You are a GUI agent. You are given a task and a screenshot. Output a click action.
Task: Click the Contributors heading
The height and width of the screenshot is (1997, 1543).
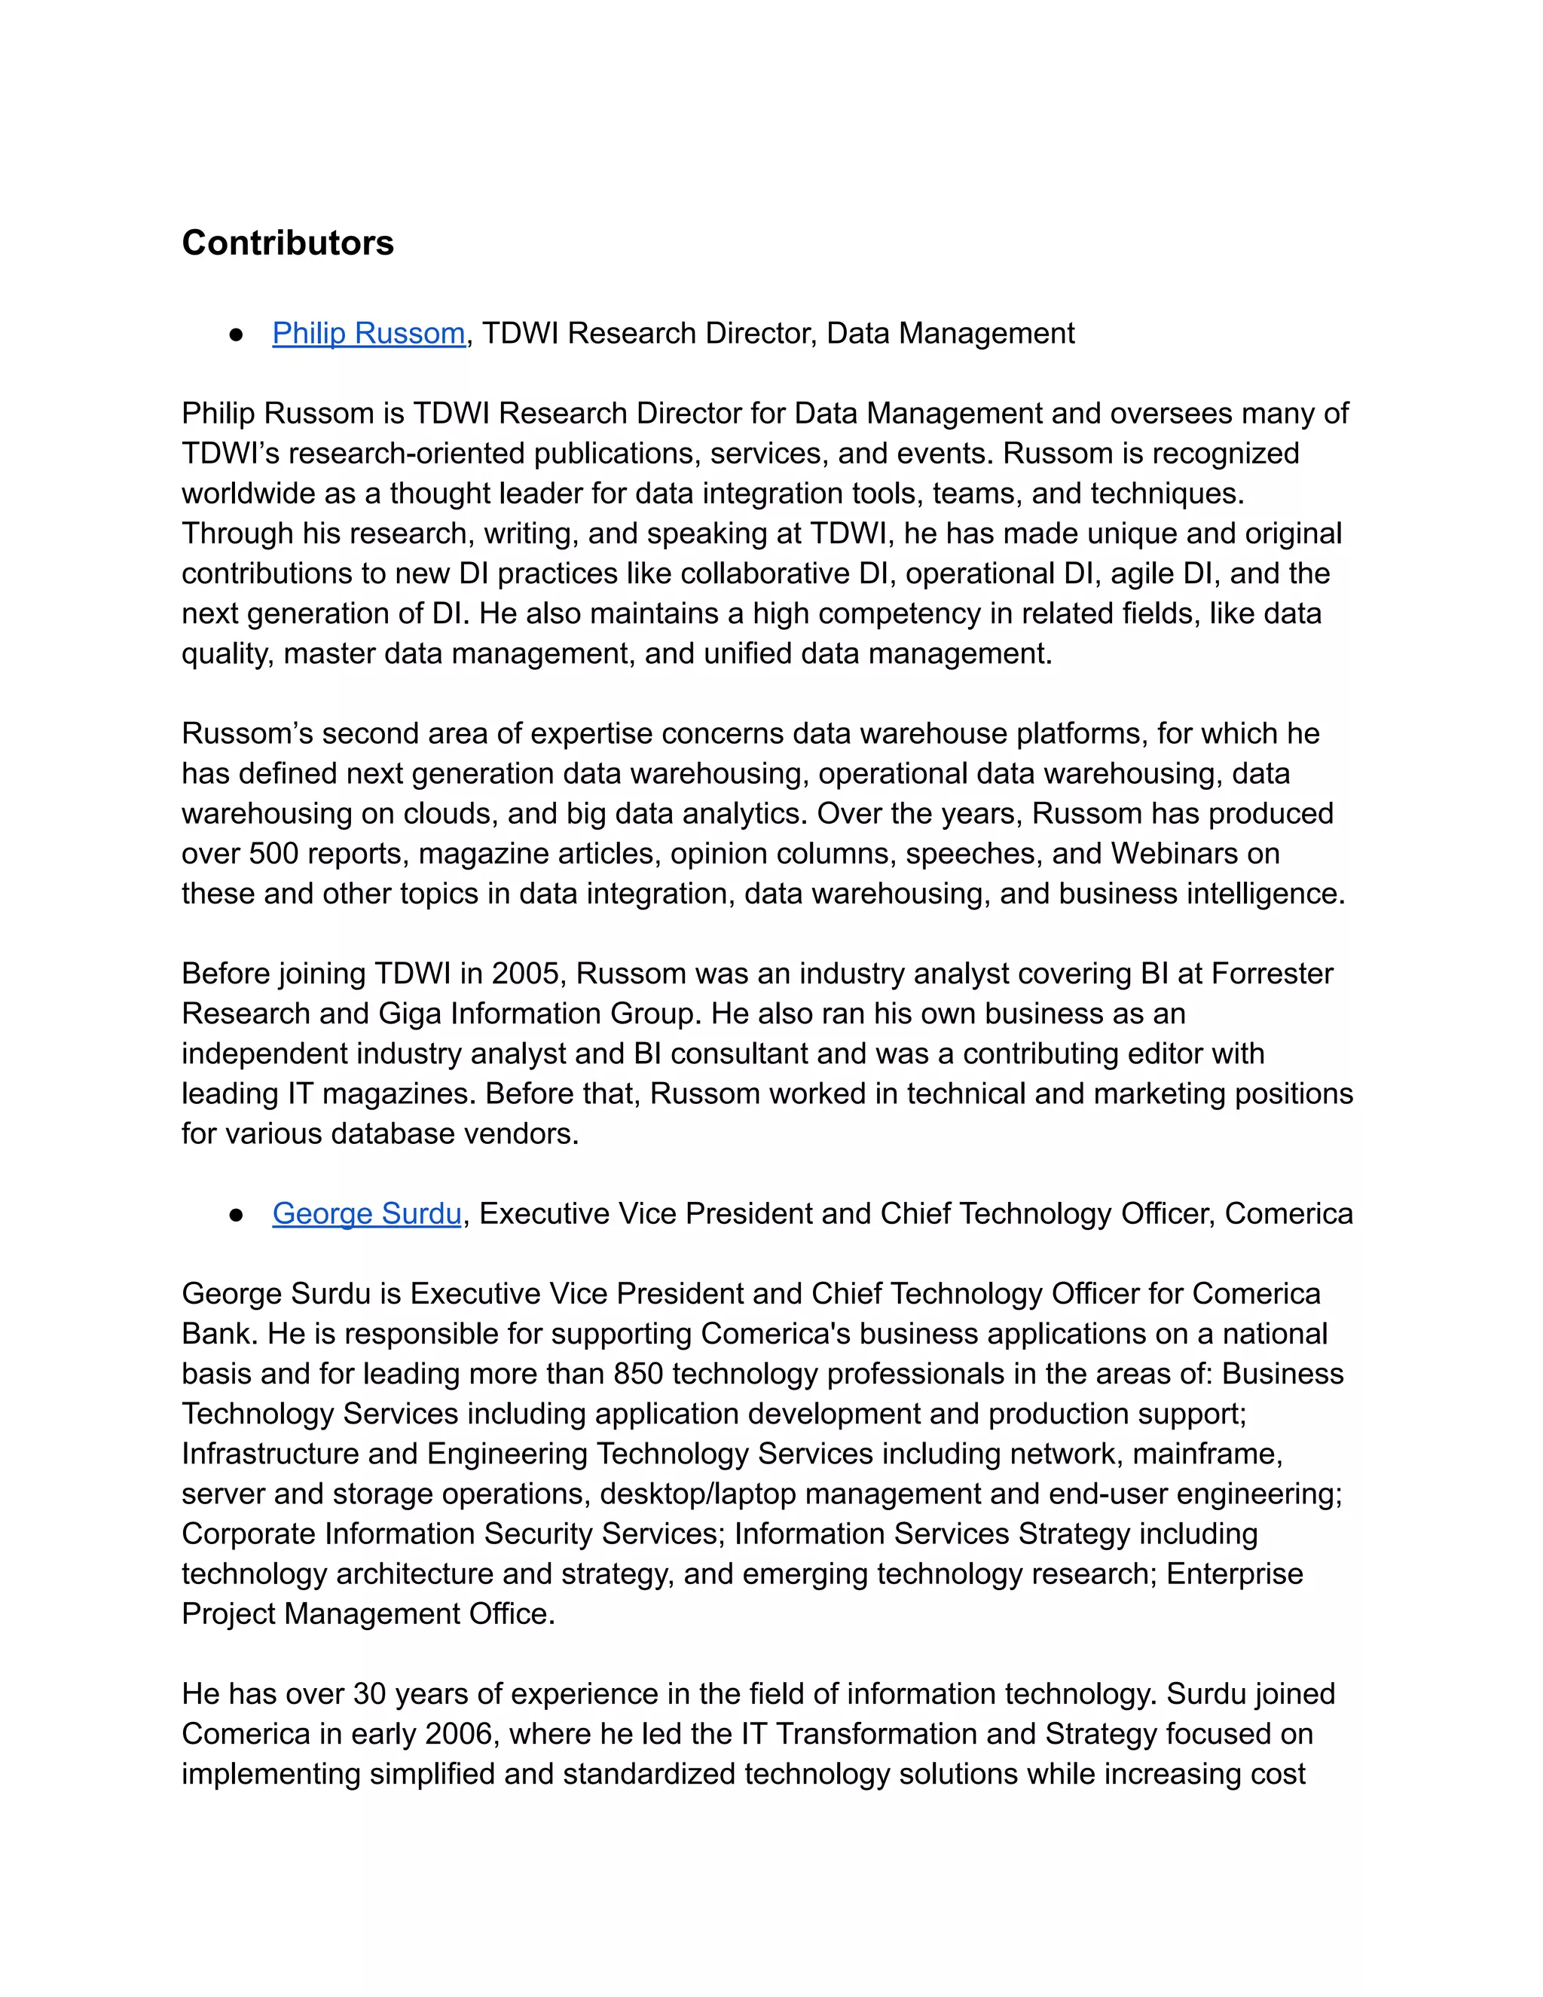click(x=288, y=243)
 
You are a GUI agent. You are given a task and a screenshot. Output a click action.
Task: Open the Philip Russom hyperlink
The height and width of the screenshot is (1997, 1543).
click(x=368, y=334)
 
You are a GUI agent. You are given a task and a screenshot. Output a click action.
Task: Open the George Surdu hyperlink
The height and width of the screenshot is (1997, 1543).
click(x=367, y=1213)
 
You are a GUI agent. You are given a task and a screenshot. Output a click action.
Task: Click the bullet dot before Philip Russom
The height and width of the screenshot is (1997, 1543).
click(x=236, y=335)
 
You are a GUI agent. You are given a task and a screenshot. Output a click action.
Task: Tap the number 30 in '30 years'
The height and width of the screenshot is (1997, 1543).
click(x=369, y=1694)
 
